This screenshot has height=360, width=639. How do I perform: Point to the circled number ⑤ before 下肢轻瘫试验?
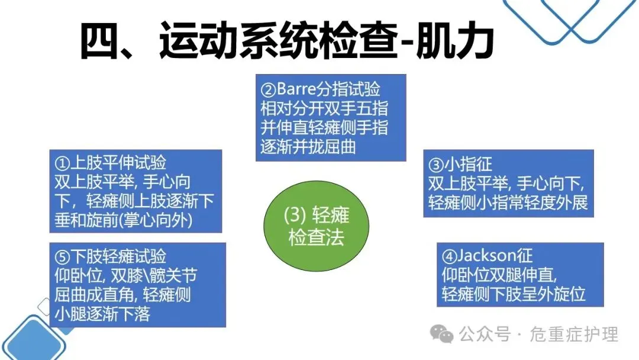(x=62, y=256)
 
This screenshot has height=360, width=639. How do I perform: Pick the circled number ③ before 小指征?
(x=435, y=164)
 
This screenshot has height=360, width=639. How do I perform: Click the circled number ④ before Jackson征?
(x=449, y=256)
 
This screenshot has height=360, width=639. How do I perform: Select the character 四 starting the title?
(x=101, y=41)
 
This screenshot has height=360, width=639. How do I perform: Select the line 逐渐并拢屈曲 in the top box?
(x=308, y=146)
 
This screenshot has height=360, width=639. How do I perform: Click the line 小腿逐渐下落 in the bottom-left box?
(x=102, y=312)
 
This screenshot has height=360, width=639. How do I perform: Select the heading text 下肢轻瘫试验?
(x=118, y=256)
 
